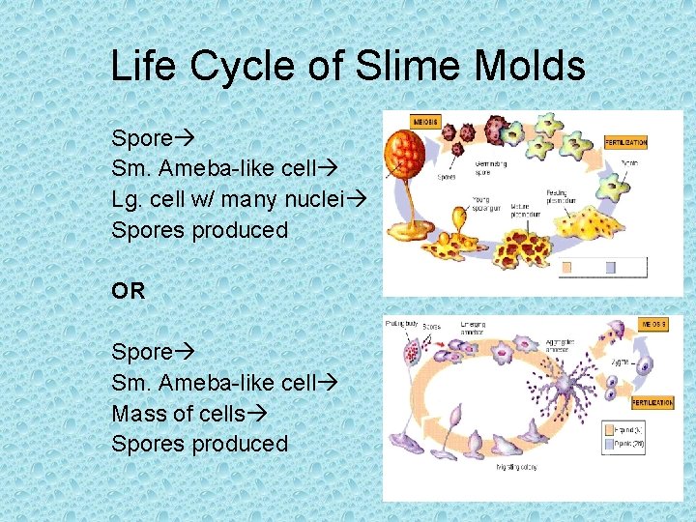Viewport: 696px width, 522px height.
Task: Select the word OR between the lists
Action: (128, 290)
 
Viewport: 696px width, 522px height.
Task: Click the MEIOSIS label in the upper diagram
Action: (425, 123)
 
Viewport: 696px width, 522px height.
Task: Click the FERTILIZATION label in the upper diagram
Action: (626, 142)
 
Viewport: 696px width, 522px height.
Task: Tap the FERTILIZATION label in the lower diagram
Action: (652, 401)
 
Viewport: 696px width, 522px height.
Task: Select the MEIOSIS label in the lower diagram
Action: (654, 325)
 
